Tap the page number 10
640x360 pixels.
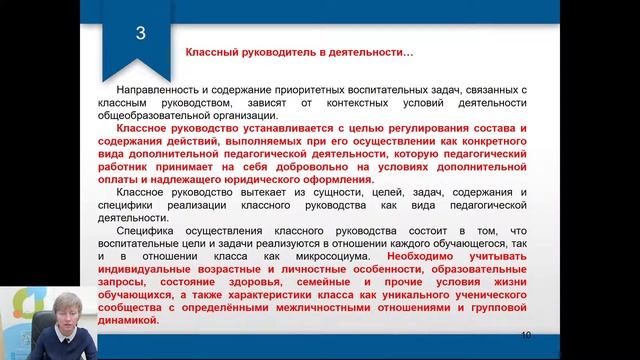click(527, 334)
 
